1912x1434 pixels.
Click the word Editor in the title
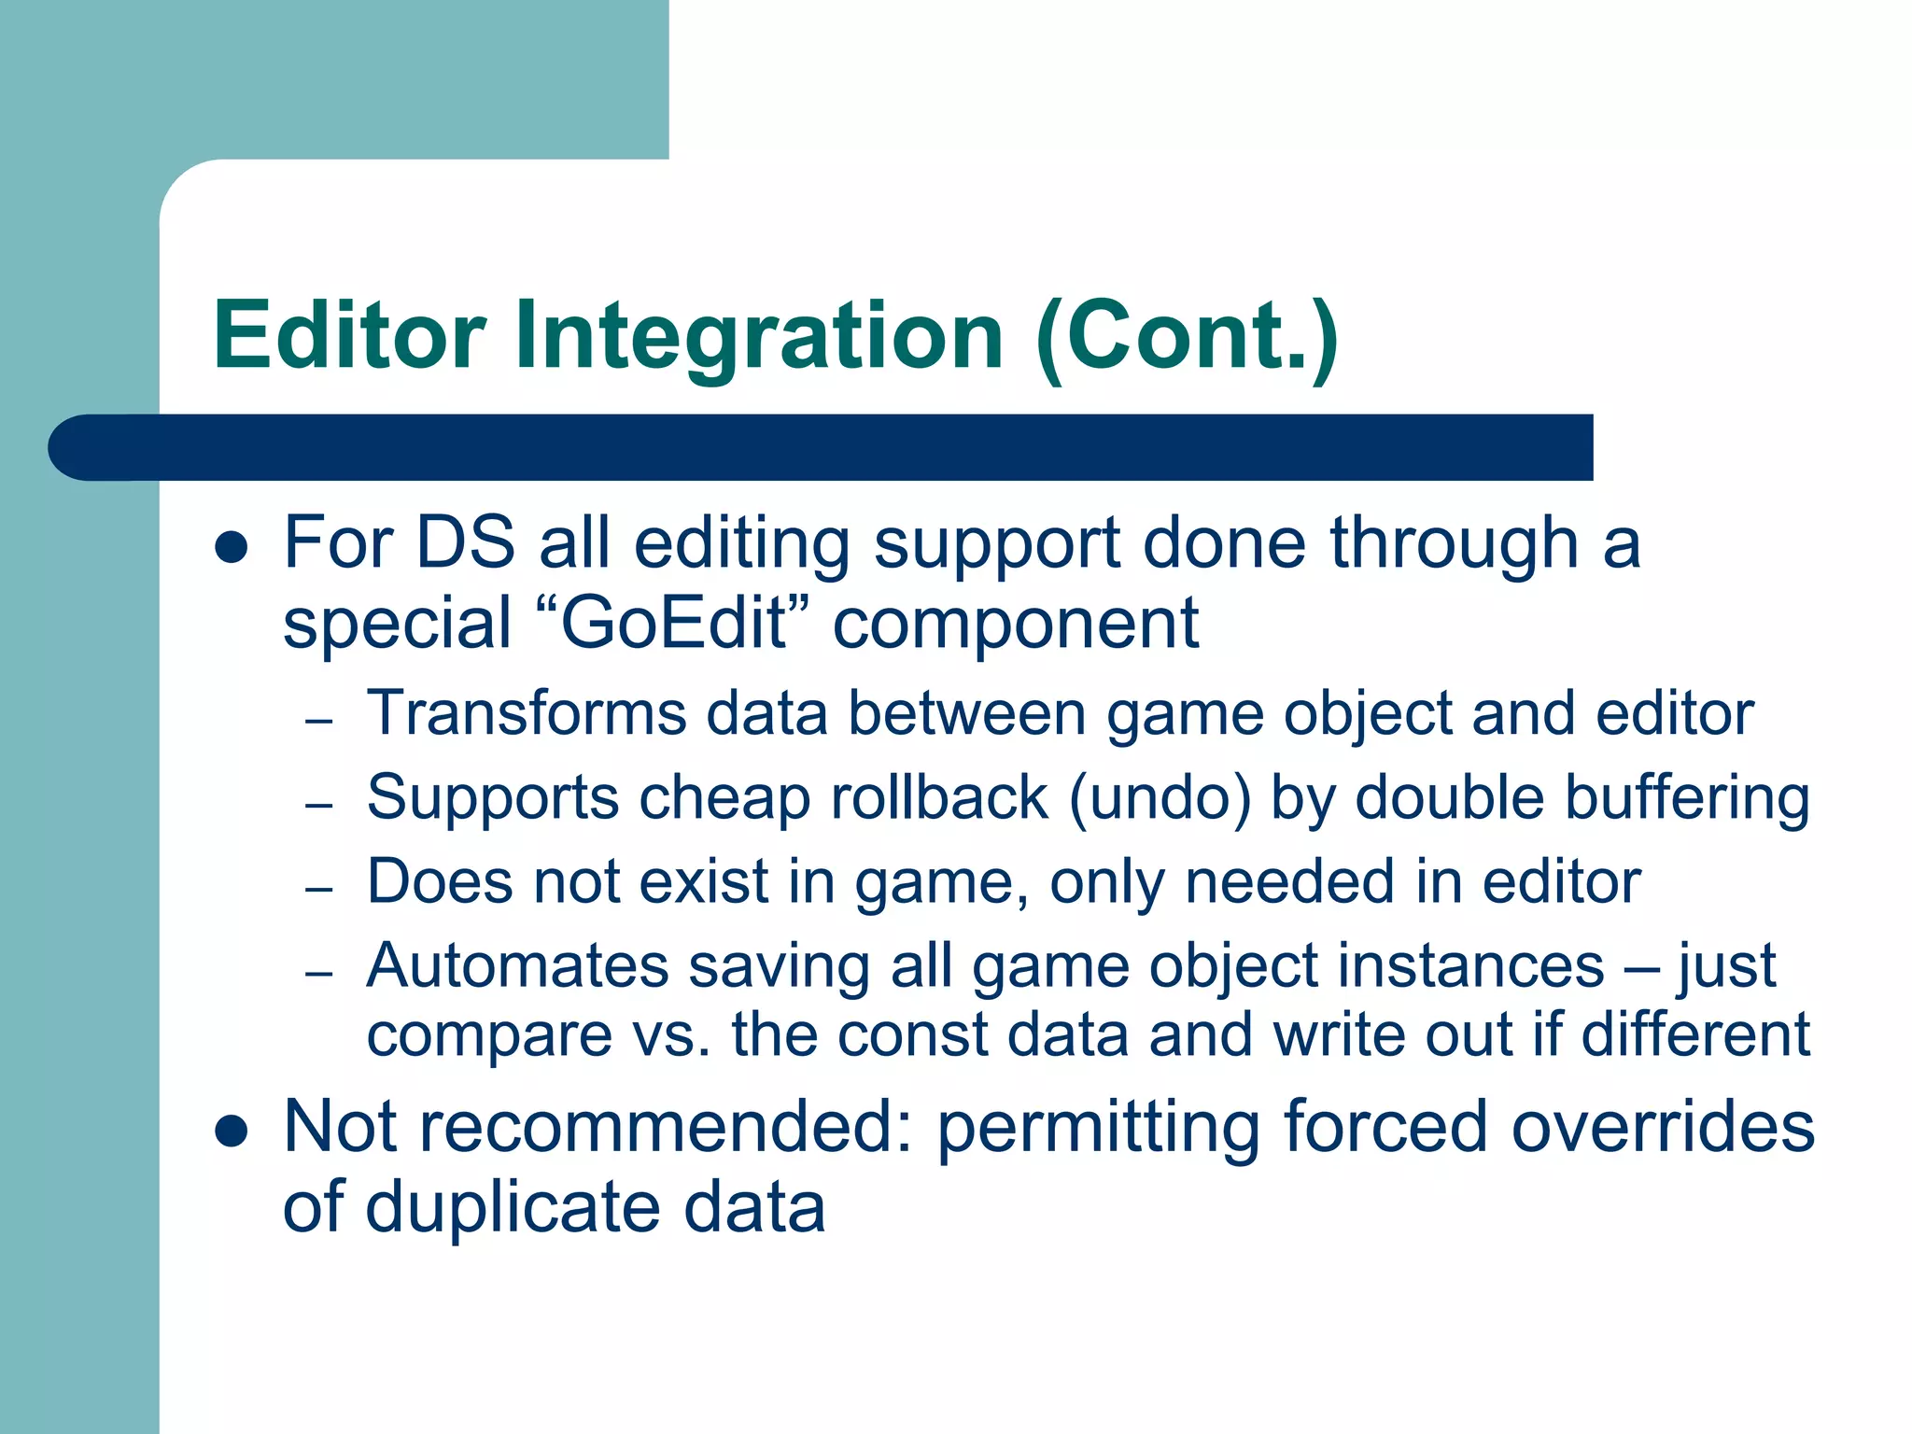[349, 335]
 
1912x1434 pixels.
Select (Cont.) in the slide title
[1188, 335]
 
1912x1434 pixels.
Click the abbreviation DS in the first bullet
[465, 542]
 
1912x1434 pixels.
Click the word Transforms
[527, 714]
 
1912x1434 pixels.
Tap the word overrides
[1663, 1126]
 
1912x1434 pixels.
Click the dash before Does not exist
[319, 888]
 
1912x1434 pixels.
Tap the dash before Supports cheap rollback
[319, 804]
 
